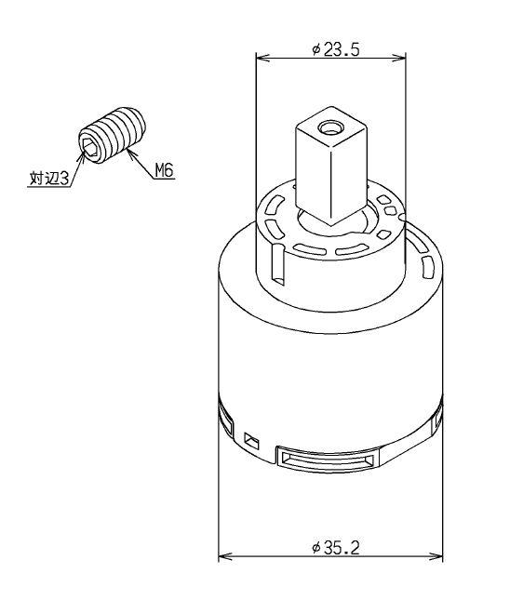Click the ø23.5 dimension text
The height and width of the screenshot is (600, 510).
(x=336, y=49)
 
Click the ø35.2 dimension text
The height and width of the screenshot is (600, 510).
(x=336, y=548)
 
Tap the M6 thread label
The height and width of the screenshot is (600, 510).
(x=165, y=170)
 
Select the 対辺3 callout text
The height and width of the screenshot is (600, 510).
(x=49, y=179)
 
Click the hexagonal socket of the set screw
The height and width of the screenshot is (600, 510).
(x=89, y=147)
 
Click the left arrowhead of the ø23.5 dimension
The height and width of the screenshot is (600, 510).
(x=262, y=58)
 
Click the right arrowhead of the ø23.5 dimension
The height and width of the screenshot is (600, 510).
(x=399, y=58)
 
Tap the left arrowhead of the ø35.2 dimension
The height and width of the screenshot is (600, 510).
(x=224, y=556)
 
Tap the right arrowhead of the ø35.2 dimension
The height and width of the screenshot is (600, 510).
(x=436, y=556)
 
